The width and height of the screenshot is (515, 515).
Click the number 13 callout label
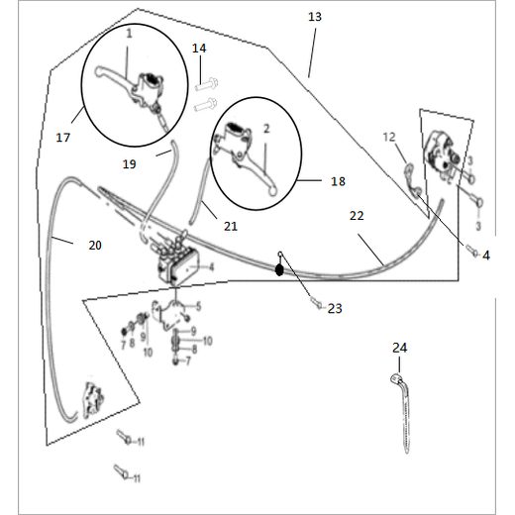point(315,18)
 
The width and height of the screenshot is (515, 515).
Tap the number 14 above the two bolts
point(199,49)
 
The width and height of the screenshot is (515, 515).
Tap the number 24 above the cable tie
point(399,348)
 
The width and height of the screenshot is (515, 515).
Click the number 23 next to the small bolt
point(334,309)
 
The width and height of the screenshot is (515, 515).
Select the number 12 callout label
point(389,137)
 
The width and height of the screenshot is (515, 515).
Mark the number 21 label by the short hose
point(230,227)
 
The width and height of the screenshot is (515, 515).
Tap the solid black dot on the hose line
point(280,267)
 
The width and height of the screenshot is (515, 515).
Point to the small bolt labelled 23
point(314,304)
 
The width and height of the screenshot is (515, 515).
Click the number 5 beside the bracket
point(198,306)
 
